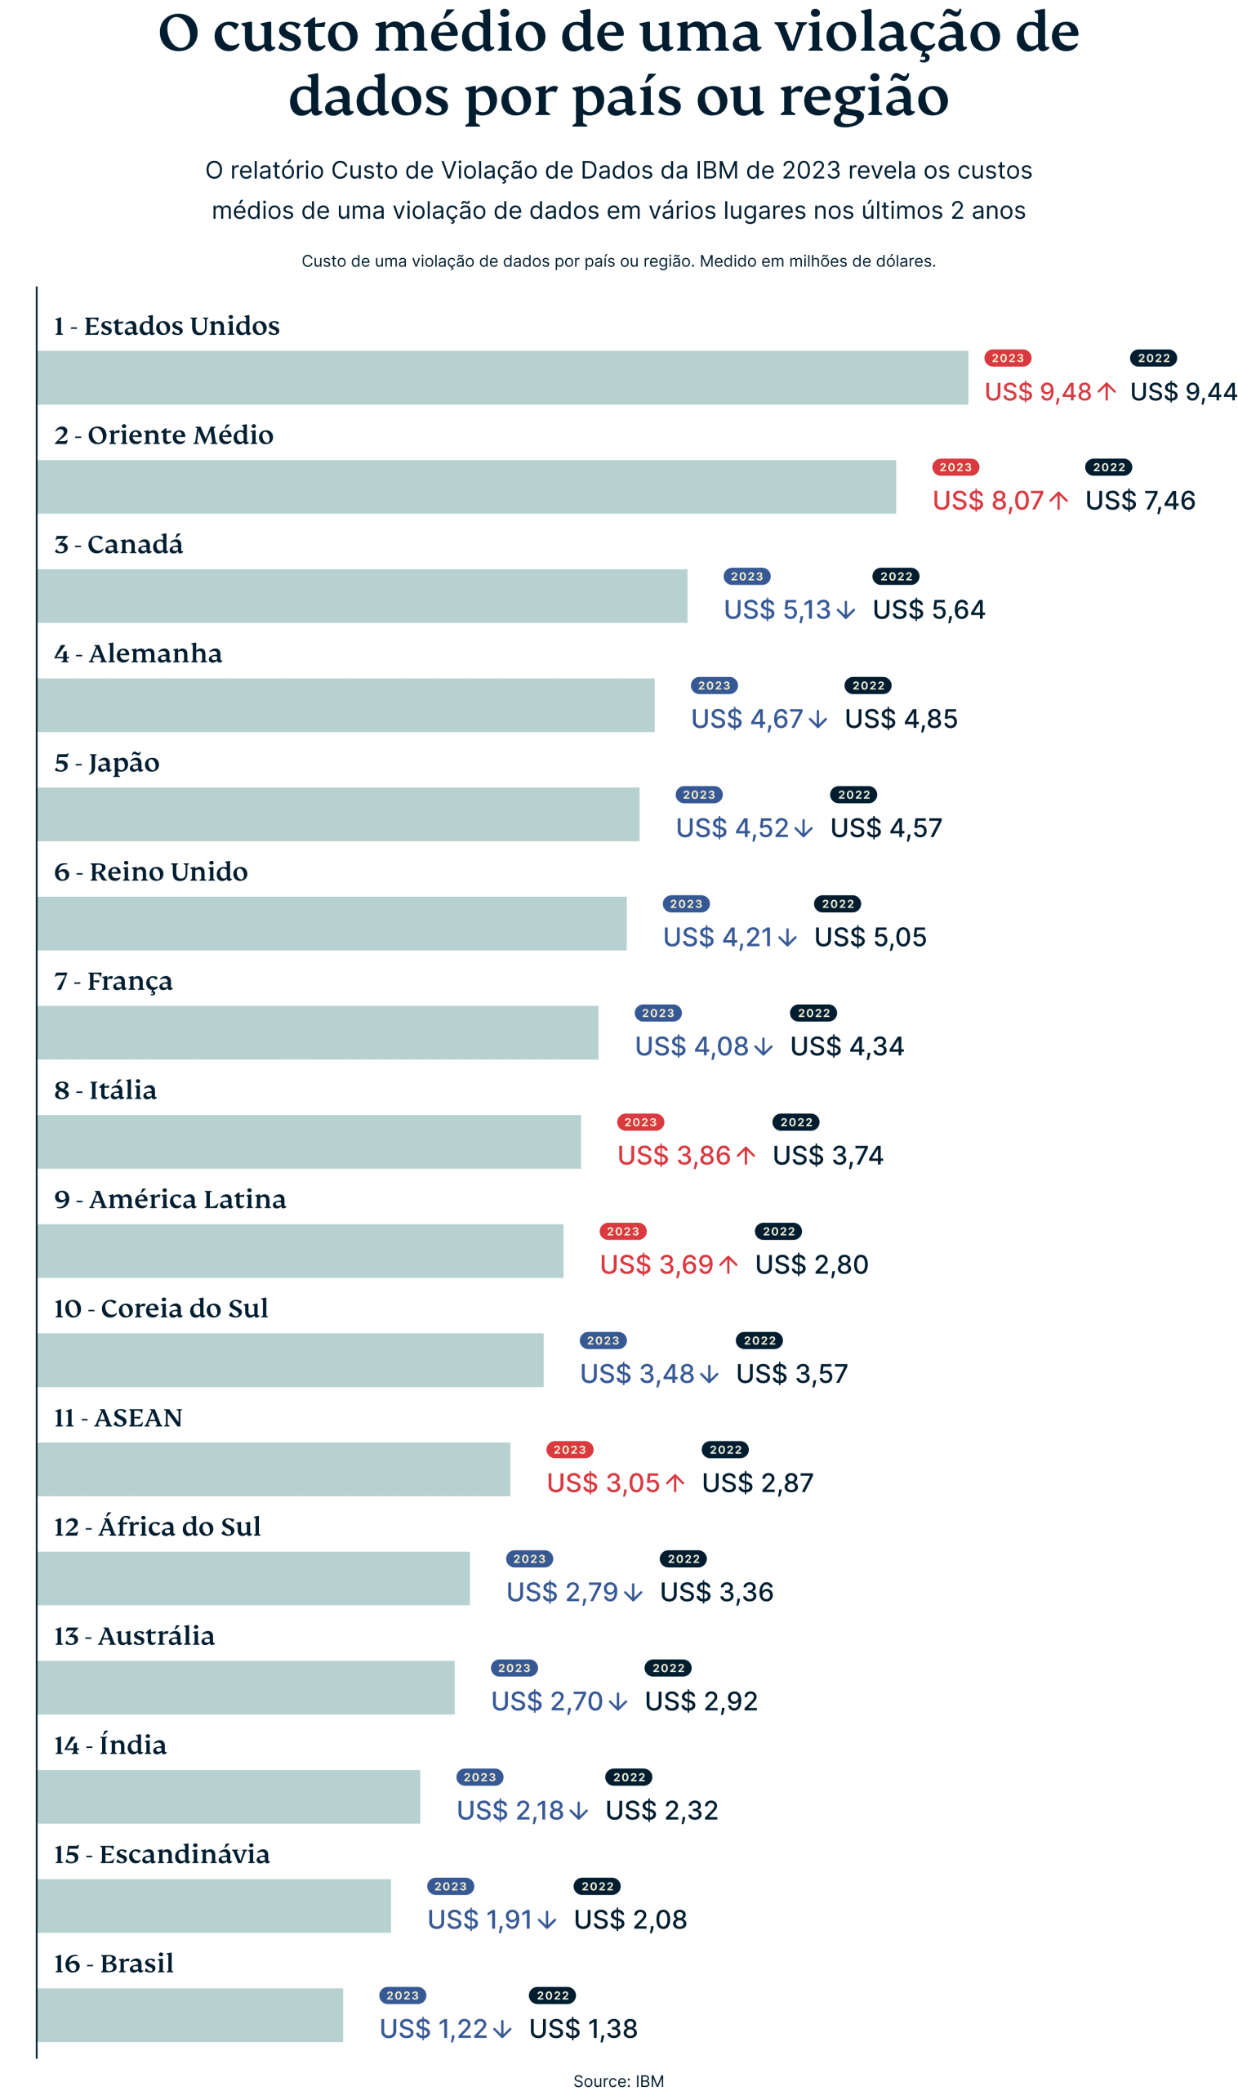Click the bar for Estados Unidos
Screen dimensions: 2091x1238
click(503, 377)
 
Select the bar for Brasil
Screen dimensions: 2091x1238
click(190, 2015)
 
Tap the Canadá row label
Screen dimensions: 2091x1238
click(118, 544)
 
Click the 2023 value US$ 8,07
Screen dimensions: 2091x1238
click(988, 501)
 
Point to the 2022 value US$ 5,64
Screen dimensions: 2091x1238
click(928, 610)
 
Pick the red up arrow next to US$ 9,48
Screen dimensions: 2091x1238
click(1107, 391)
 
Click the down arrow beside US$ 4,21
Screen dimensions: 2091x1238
click(786, 938)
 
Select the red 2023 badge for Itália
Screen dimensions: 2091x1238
click(641, 1122)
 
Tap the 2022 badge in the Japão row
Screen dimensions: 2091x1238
click(853, 795)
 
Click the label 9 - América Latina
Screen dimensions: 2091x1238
click(170, 1199)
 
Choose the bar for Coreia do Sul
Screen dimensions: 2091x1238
click(291, 1360)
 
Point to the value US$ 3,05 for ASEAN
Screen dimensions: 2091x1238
click(603, 1482)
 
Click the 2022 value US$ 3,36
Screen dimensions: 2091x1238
click(717, 1592)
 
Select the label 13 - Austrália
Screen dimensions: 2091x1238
click(134, 1635)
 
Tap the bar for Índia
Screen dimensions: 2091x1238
click(229, 1796)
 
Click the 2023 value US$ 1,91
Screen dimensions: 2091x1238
click(479, 1919)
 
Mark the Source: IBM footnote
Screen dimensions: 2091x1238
click(618, 2080)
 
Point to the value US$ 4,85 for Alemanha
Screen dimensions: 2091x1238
click(901, 719)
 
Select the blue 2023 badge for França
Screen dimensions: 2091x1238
click(658, 1013)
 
